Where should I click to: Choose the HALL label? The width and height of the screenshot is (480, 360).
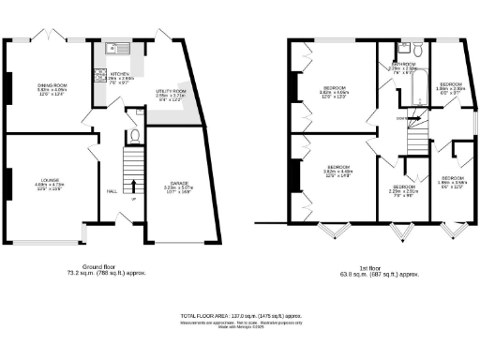click(x=112, y=190)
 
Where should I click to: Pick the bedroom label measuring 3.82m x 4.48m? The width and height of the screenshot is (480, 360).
click(x=336, y=173)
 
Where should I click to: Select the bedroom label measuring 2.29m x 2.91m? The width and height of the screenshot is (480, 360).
click(x=402, y=191)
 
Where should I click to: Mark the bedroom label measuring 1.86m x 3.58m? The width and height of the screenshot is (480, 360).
click(x=453, y=181)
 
